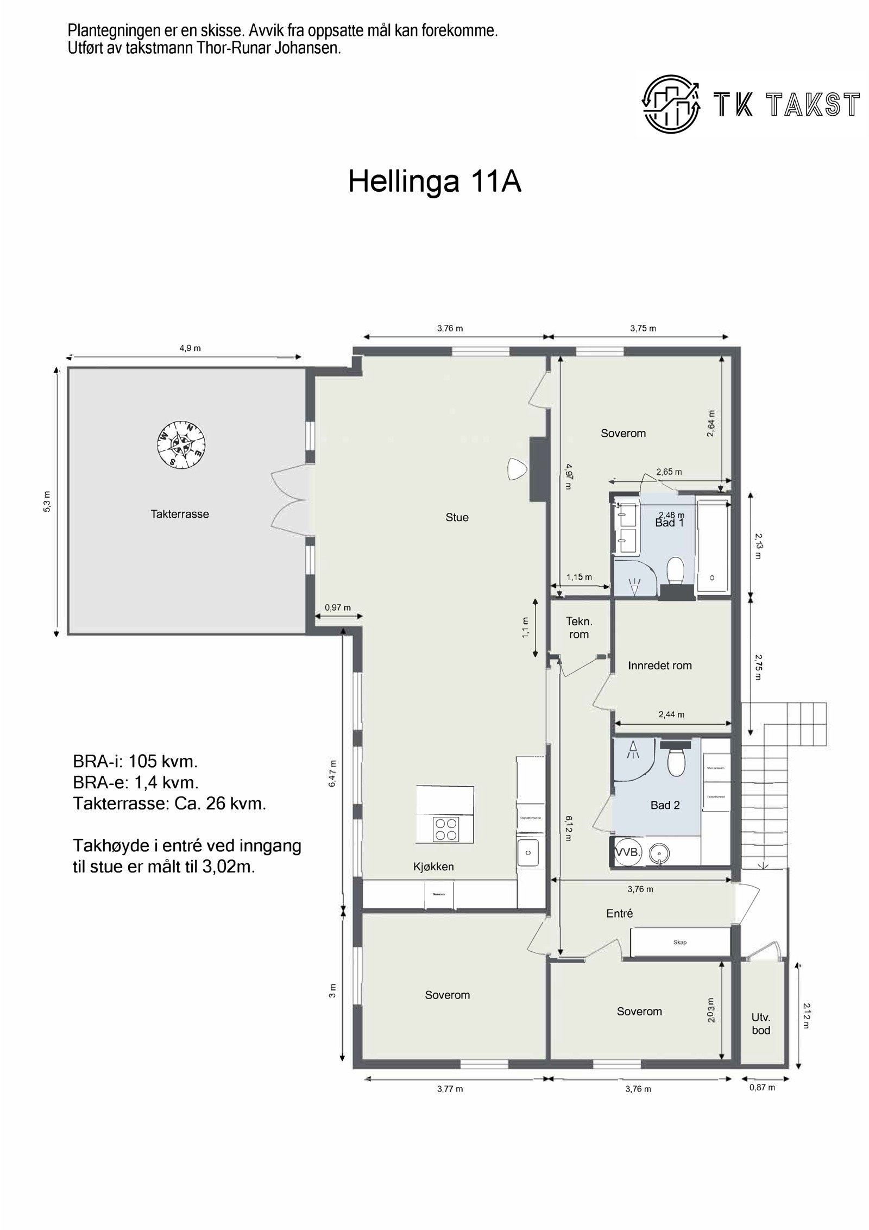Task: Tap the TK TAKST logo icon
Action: (670, 104)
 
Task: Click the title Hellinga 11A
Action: (434, 181)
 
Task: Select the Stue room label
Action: (457, 517)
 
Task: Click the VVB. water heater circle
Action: (628, 852)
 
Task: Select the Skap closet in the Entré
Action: (679, 942)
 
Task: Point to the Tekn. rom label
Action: (579, 627)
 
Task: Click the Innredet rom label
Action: (660, 666)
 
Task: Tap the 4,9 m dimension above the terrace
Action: (190, 348)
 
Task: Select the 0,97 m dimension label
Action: (338, 607)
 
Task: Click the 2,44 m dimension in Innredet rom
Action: (671, 714)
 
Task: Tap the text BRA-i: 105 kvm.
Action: (135, 762)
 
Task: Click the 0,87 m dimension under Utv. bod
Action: (762, 1087)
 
